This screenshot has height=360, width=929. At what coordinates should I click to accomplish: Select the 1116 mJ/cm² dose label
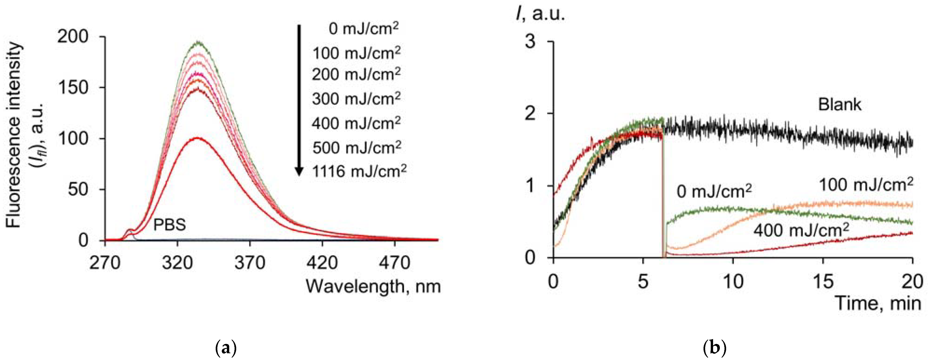359,171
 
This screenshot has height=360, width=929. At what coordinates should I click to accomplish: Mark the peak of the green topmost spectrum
198,43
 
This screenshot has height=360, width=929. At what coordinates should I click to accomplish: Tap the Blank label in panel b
839,105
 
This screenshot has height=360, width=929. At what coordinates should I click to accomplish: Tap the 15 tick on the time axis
823,281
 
